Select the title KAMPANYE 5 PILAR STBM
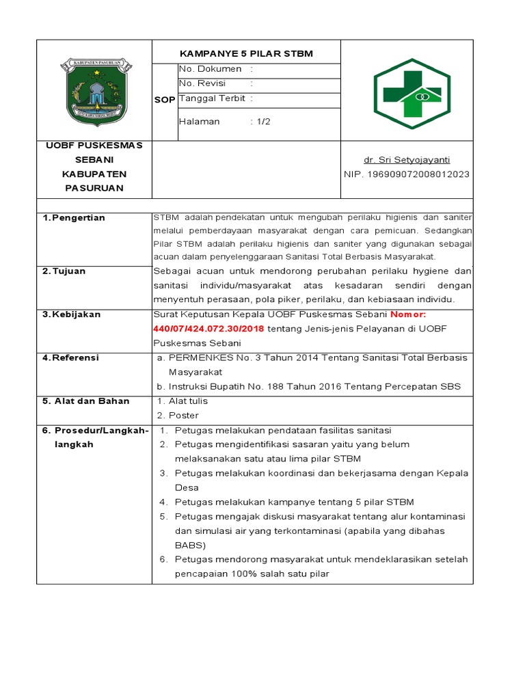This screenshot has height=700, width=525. [x=245, y=54]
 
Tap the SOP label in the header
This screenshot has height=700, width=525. [x=165, y=100]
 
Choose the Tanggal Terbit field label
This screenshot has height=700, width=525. [x=212, y=98]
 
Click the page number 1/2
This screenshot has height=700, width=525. [x=262, y=122]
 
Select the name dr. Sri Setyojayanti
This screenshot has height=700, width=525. [x=406, y=160]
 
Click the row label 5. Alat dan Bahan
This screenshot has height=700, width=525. [x=85, y=401]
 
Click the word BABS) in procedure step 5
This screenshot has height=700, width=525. [x=190, y=545]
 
